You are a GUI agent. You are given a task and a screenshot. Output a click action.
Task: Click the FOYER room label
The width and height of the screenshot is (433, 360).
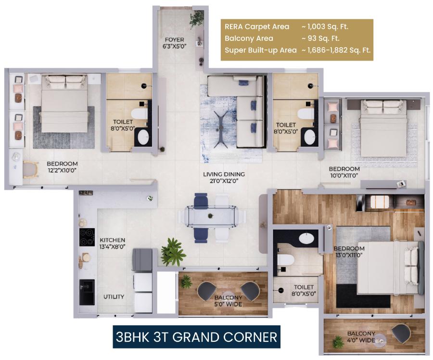[x=172, y=39]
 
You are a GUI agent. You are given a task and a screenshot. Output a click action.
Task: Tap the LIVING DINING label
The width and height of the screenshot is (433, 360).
[x=224, y=174]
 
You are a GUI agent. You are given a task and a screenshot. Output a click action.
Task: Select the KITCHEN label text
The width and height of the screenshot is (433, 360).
[x=113, y=240]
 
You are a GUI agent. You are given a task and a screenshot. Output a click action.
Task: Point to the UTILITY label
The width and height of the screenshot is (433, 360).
[x=114, y=296]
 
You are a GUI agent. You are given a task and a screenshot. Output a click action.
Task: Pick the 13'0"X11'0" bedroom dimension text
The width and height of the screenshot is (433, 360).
[x=349, y=256]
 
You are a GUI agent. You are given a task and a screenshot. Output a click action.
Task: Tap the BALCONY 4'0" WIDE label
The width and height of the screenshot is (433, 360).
[x=361, y=337]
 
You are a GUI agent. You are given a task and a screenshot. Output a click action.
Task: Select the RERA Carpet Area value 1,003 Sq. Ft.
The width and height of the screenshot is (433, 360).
[x=325, y=27]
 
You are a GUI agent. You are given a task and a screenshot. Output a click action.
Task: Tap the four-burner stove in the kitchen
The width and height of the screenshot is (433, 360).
[x=87, y=237]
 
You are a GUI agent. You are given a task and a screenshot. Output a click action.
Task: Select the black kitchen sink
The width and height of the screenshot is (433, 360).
[x=87, y=291]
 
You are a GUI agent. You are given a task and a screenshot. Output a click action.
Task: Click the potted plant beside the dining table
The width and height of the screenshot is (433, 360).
[x=173, y=251]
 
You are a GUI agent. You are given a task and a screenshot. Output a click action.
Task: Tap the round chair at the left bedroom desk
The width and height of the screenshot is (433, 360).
[x=30, y=169]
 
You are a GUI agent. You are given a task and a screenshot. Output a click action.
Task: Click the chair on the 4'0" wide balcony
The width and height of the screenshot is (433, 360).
[x=400, y=333]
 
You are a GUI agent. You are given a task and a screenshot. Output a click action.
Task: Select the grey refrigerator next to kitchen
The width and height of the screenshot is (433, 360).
[x=142, y=260]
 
